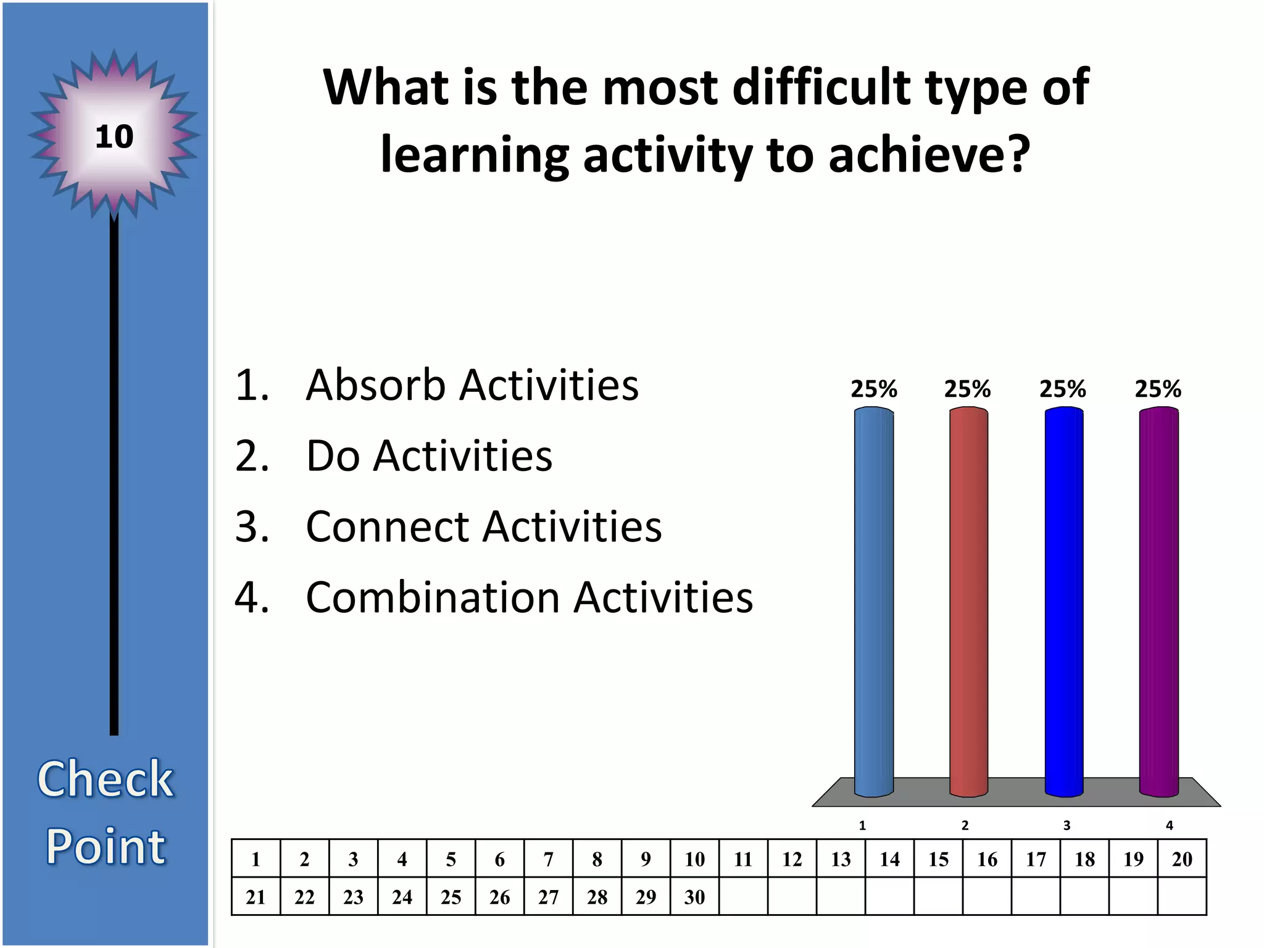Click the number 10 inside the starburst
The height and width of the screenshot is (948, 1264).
click(114, 136)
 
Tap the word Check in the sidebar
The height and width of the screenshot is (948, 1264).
click(106, 779)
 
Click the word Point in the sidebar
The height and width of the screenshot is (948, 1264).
click(106, 846)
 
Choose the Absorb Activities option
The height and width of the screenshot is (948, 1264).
click(472, 385)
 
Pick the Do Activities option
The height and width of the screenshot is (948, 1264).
click(429, 456)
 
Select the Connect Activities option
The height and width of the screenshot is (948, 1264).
click(483, 527)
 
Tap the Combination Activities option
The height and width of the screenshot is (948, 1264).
click(529, 598)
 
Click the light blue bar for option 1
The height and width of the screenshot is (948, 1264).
click(873, 602)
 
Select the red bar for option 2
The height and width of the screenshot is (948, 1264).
click(968, 602)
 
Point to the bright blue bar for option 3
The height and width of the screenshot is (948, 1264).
click(1063, 602)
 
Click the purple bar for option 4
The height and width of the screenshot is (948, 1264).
click(1158, 602)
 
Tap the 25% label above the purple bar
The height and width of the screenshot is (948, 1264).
click(1158, 389)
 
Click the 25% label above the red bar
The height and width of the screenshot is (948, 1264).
click(967, 389)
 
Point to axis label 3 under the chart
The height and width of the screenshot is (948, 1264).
click(1066, 826)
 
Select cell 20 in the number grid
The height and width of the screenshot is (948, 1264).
click(1182, 859)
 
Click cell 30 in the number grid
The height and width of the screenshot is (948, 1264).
click(694, 897)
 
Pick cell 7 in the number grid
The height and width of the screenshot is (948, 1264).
click(548, 859)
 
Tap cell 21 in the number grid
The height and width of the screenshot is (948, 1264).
click(256, 897)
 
